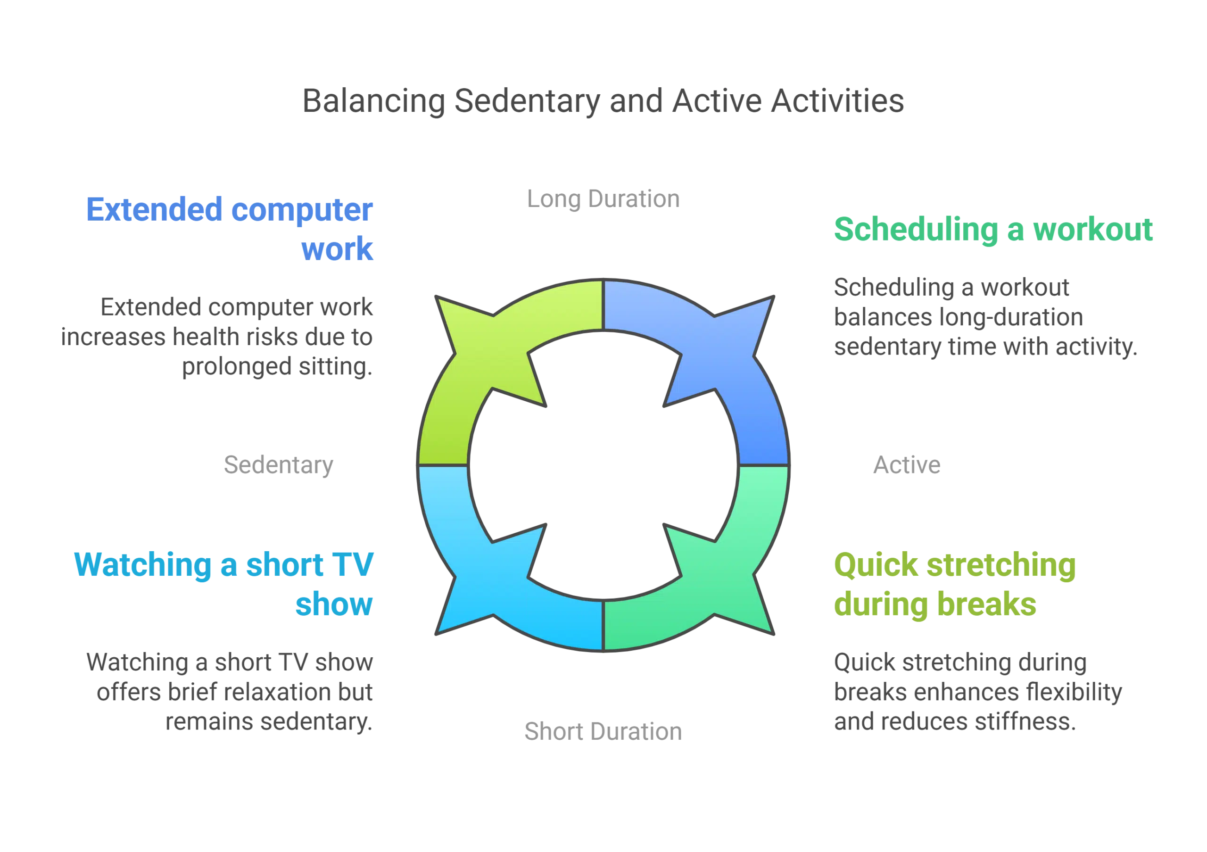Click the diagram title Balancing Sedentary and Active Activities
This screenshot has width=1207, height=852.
(603, 100)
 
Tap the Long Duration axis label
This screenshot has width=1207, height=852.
(604, 199)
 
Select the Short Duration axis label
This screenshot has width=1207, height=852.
(603, 732)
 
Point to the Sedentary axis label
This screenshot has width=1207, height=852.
(279, 465)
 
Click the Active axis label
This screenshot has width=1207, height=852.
(907, 465)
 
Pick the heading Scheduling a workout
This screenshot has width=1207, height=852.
(993, 229)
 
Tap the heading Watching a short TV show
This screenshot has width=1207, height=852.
(223, 584)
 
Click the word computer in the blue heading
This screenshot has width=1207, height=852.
(302, 209)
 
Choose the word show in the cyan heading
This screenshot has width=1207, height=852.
(334, 604)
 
